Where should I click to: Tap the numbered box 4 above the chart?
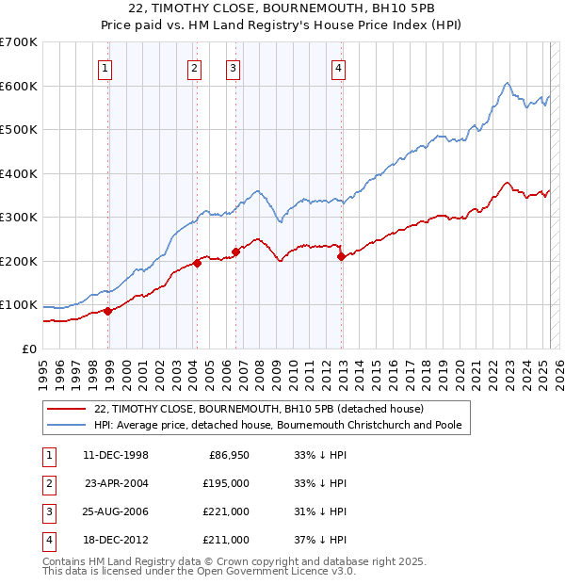(x=337, y=67)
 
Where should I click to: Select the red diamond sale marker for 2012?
(x=341, y=256)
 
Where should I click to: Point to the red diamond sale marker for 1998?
(x=108, y=311)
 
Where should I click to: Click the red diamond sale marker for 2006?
(x=235, y=251)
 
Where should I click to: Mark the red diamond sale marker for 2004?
(x=198, y=263)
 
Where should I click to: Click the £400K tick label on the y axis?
(x=18, y=173)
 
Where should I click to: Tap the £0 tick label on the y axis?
(x=29, y=349)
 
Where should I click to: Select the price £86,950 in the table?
(x=228, y=455)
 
